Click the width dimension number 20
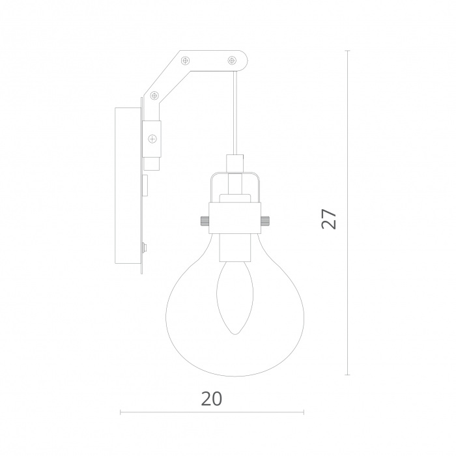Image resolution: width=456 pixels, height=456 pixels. point(212,399)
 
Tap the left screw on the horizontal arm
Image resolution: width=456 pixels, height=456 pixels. point(185,61)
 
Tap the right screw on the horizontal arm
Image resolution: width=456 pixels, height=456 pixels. point(232,61)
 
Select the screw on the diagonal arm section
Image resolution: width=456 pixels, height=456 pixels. point(154,95)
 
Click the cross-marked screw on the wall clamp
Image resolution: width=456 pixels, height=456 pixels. point(152,139)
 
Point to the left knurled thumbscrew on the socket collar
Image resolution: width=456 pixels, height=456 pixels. point(204,220)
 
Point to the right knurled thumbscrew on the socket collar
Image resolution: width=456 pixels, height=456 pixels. point(266,220)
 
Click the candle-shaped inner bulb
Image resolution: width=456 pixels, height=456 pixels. point(235,298)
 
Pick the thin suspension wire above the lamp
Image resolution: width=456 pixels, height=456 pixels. point(235,113)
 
